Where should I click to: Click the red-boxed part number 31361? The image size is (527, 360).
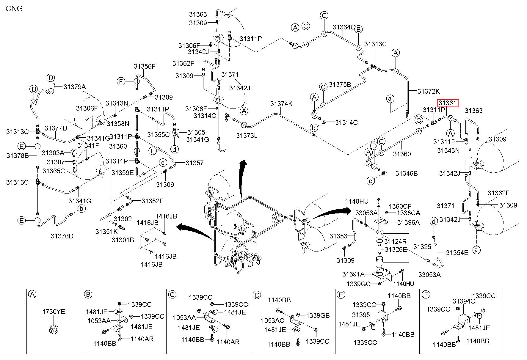click(x=448, y=103)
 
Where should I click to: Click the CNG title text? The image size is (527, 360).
click(x=14, y=8)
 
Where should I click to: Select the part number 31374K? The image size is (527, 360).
click(x=281, y=104)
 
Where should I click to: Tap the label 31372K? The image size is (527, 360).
click(x=429, y=91)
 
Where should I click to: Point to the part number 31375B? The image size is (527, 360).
click(x=340, y=85)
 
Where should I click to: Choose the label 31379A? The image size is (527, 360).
click(x=75, y=87)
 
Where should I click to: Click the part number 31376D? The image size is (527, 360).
click(x=62, y=236)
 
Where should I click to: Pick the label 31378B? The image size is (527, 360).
click(x=18, y=155)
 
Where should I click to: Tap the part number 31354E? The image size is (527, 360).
click(x=457, y=253)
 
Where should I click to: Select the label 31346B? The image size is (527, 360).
click(x=407, y=173)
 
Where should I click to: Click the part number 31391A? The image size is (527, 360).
click(x=353, y=274)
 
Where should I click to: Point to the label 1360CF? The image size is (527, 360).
click(x=400, y=206)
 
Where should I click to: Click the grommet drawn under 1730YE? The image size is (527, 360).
click(x=54, y=329)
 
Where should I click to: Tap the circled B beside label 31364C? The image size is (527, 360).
click(x=359, y=29)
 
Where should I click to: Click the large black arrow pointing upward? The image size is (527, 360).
click(x=242, y=178)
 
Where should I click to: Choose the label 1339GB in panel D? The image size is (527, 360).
click(x=318, y=315)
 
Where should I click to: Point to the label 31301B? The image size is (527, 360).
click(x=123, y=240)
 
